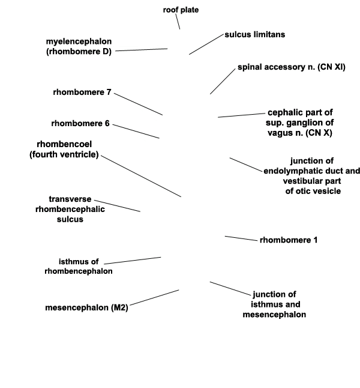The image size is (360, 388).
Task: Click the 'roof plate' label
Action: [181, 10]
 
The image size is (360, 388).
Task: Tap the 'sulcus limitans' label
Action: [254, 34]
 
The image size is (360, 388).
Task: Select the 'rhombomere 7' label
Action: [82, 92]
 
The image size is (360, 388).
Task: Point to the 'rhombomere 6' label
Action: [80, 123]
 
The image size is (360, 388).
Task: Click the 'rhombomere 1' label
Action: [289, 240]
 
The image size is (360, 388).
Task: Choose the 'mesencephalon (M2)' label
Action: [86, 308]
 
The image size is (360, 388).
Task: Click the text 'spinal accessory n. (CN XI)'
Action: [292, 67]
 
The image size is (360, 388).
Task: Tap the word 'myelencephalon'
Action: [79, 41]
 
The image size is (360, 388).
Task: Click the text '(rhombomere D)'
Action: [79, 52]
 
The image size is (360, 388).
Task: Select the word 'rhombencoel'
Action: [64, 144]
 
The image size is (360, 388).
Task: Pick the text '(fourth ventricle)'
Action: [64, 154]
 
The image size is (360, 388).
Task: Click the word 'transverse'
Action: [70, 199]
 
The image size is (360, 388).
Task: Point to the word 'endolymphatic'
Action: [290, 171]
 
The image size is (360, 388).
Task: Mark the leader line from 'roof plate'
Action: [178, 22]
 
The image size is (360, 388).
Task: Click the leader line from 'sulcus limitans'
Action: [206, 44]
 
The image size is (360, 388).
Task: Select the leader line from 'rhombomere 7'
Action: [138, 104]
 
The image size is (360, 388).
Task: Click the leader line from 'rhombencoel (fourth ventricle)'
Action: [141, 176]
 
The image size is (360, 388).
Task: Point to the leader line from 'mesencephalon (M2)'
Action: [154, 298]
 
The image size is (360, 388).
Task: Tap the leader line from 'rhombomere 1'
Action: [241, 238]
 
